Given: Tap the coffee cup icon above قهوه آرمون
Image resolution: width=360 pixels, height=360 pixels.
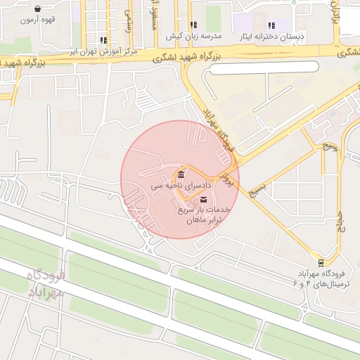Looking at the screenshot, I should coord(37,9).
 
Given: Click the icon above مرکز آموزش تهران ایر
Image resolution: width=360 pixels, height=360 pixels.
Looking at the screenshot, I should coord(104,41).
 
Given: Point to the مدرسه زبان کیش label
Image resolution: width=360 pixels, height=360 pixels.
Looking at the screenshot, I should coord(193,35).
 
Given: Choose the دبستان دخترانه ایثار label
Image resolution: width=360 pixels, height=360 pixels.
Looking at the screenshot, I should coord(271,36).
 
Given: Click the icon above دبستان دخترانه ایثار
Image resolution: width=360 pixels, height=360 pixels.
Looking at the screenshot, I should coord(271,25).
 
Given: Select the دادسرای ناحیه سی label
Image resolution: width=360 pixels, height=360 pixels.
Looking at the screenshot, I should coord(181,186).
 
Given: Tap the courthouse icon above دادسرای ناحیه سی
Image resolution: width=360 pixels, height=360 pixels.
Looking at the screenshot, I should coord(181,174).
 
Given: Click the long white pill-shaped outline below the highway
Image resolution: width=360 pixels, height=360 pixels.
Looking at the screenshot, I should coord(264,68).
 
